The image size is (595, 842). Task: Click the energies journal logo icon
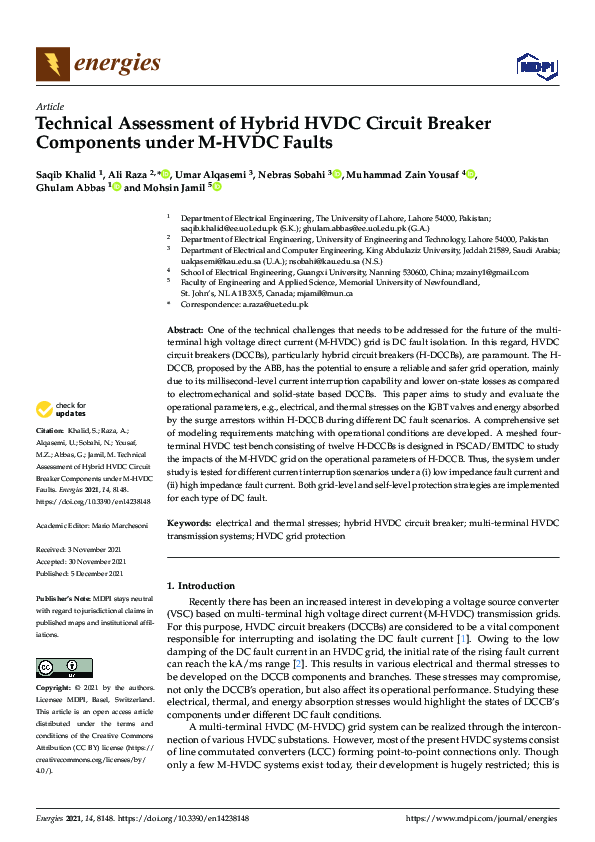(x=53, y=64)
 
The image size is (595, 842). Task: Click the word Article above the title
(x=49, y=107)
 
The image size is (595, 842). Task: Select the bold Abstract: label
(x=185, y=330)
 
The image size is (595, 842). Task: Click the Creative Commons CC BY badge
(x=64, y=667)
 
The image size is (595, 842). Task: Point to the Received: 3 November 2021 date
(x=82, y=550)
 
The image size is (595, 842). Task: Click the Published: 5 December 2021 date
(x=82, y=574)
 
